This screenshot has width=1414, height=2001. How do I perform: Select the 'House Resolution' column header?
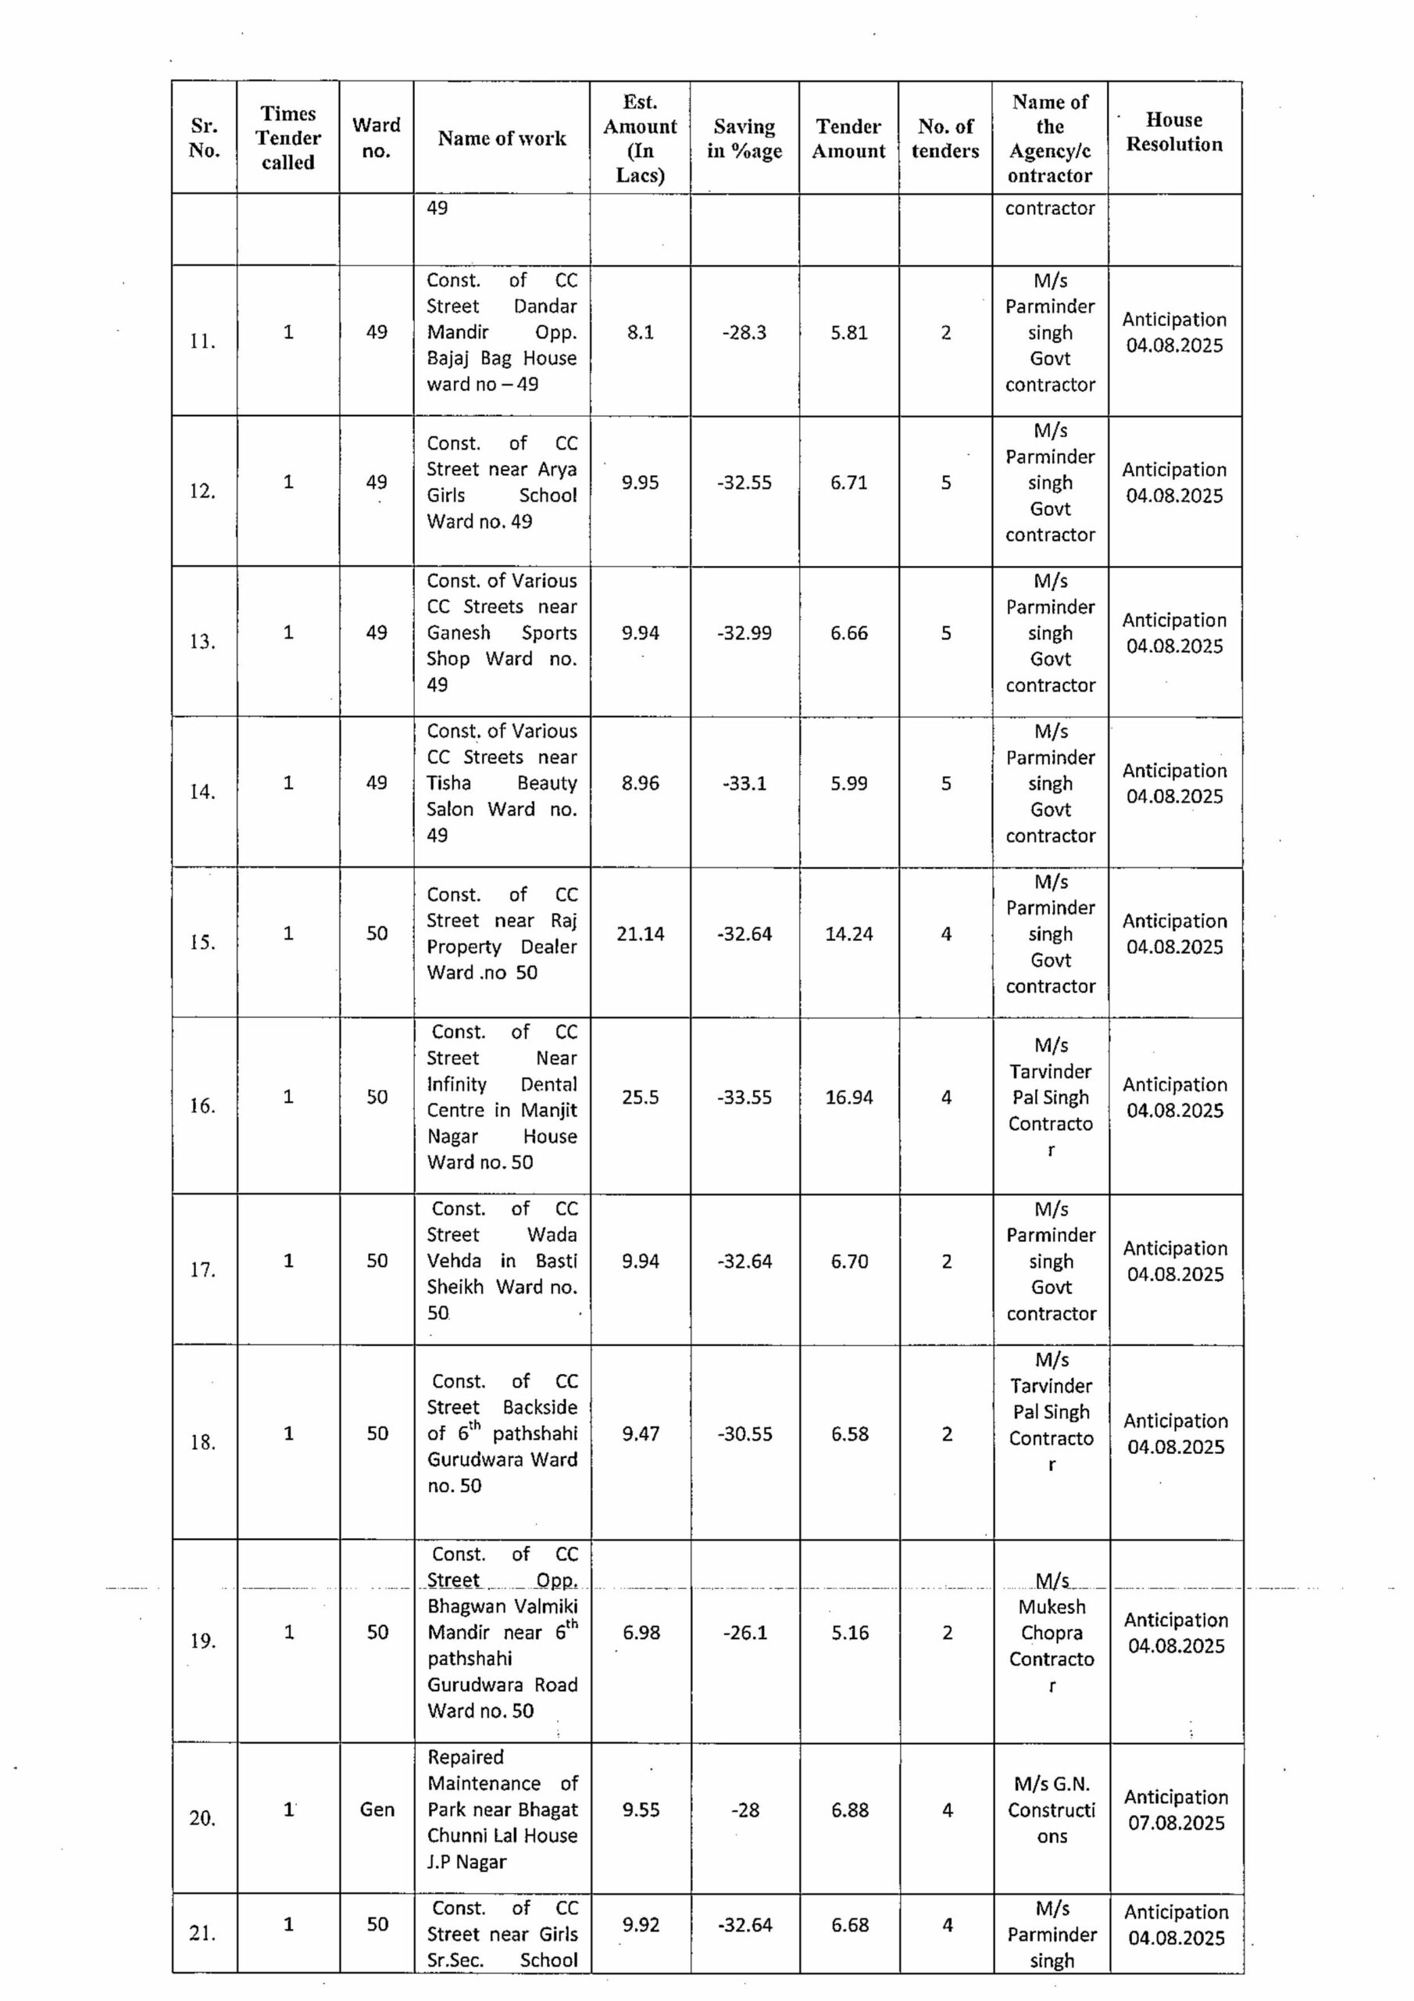click(1173, 131)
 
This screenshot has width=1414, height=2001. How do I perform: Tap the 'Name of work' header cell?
click(502, 138)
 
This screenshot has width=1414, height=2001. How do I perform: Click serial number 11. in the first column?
click(202, 341)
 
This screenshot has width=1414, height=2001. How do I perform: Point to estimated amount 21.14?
click(641, 934)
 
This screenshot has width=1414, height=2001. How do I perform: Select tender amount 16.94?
click(848, 1097)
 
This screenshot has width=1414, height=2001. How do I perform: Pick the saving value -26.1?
click(745, 1632)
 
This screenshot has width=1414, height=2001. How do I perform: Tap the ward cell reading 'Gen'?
click(377, 1809)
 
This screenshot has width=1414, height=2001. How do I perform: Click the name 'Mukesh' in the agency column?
click(1052, 1606)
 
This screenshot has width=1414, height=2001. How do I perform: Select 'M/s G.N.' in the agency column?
click(1052, 1784)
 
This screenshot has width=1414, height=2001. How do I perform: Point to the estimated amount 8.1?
click(641, 332)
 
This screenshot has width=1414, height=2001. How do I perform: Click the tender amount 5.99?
click(848, 783)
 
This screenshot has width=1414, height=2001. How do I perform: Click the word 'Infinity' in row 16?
click(456, 1084)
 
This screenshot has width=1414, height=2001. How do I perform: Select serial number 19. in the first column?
click(202, 1641)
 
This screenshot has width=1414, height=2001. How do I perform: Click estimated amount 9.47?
click(641, 1434)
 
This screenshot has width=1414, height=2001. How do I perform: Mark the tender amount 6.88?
click(849, 1810)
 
